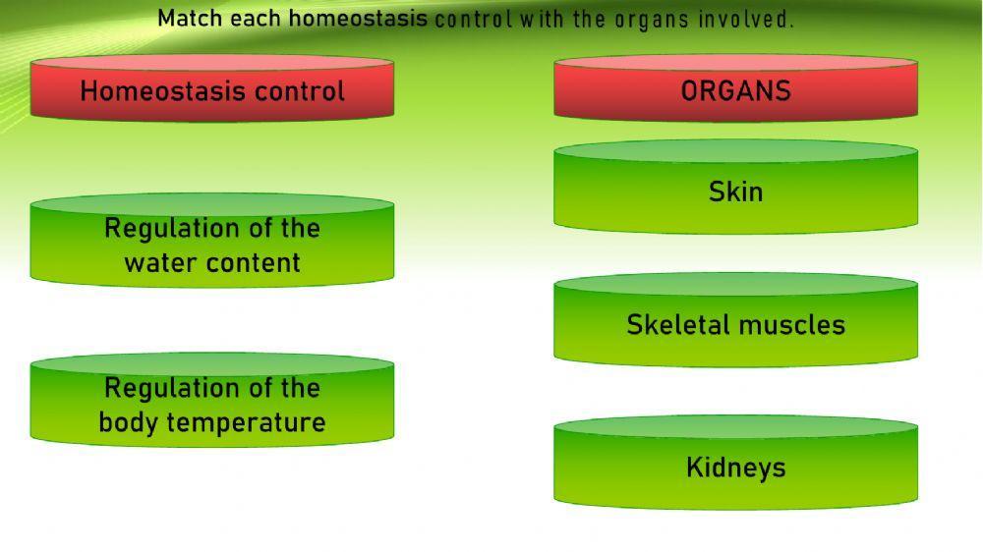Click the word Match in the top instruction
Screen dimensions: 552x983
coord(190,18)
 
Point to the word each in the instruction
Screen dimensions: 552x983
coord(256,18)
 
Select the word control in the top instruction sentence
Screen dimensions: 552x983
coord(473,19)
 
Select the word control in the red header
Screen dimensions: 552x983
coord(300,91)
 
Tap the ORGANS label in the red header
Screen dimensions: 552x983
coord(735,91)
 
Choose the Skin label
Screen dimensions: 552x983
coord(735,192)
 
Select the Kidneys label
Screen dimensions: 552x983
coord(735,468)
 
